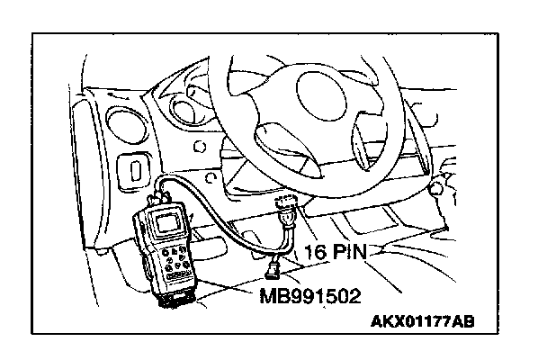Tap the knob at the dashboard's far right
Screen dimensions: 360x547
(x=437, y=190)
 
